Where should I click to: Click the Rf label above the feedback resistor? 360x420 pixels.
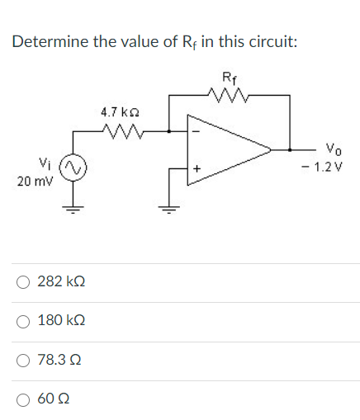(x=229, y=80)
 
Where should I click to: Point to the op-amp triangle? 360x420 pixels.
(x=227, y=149)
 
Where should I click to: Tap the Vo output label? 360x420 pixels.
(x=330, y=150)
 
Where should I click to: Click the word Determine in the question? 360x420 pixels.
(x=51, y=41)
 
